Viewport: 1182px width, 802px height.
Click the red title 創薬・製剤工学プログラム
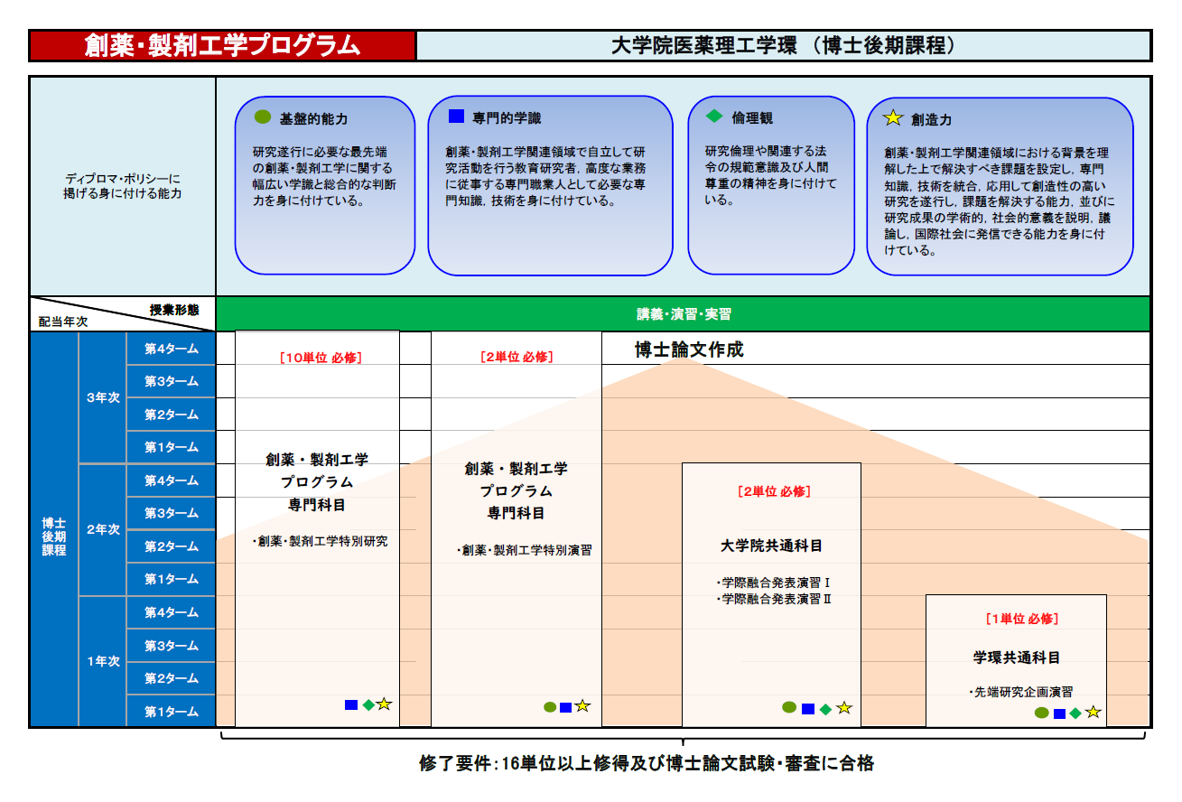(222, 45)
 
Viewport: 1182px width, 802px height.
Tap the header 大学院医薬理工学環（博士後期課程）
(783, 45)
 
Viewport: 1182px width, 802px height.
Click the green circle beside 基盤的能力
(262, 117)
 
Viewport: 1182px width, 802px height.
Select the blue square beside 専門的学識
(456, 117)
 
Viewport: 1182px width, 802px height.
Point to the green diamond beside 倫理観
(714, 117)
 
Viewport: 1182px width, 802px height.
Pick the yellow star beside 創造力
(893, 117)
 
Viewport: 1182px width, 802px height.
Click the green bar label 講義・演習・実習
(684, 314)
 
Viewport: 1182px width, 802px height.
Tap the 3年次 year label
(104, 397)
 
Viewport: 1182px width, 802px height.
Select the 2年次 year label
(104, 529)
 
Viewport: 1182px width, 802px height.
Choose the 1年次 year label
(104, 661)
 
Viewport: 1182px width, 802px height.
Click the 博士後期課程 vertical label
(54, 536)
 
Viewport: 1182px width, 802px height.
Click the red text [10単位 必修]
(321, 358)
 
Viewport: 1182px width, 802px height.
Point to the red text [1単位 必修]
(1022, 619)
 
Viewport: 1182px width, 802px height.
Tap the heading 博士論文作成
(689, 350)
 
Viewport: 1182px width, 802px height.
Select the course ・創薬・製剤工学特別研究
(321, 541)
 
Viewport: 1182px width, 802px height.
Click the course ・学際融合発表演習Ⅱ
(774, 599)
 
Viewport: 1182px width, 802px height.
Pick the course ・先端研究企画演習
(1021, 692)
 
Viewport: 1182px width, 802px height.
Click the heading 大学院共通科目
(771, 546)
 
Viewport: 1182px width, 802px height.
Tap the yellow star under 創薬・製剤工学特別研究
(384, 704)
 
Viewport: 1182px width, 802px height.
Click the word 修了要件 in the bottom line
(455, 763)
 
